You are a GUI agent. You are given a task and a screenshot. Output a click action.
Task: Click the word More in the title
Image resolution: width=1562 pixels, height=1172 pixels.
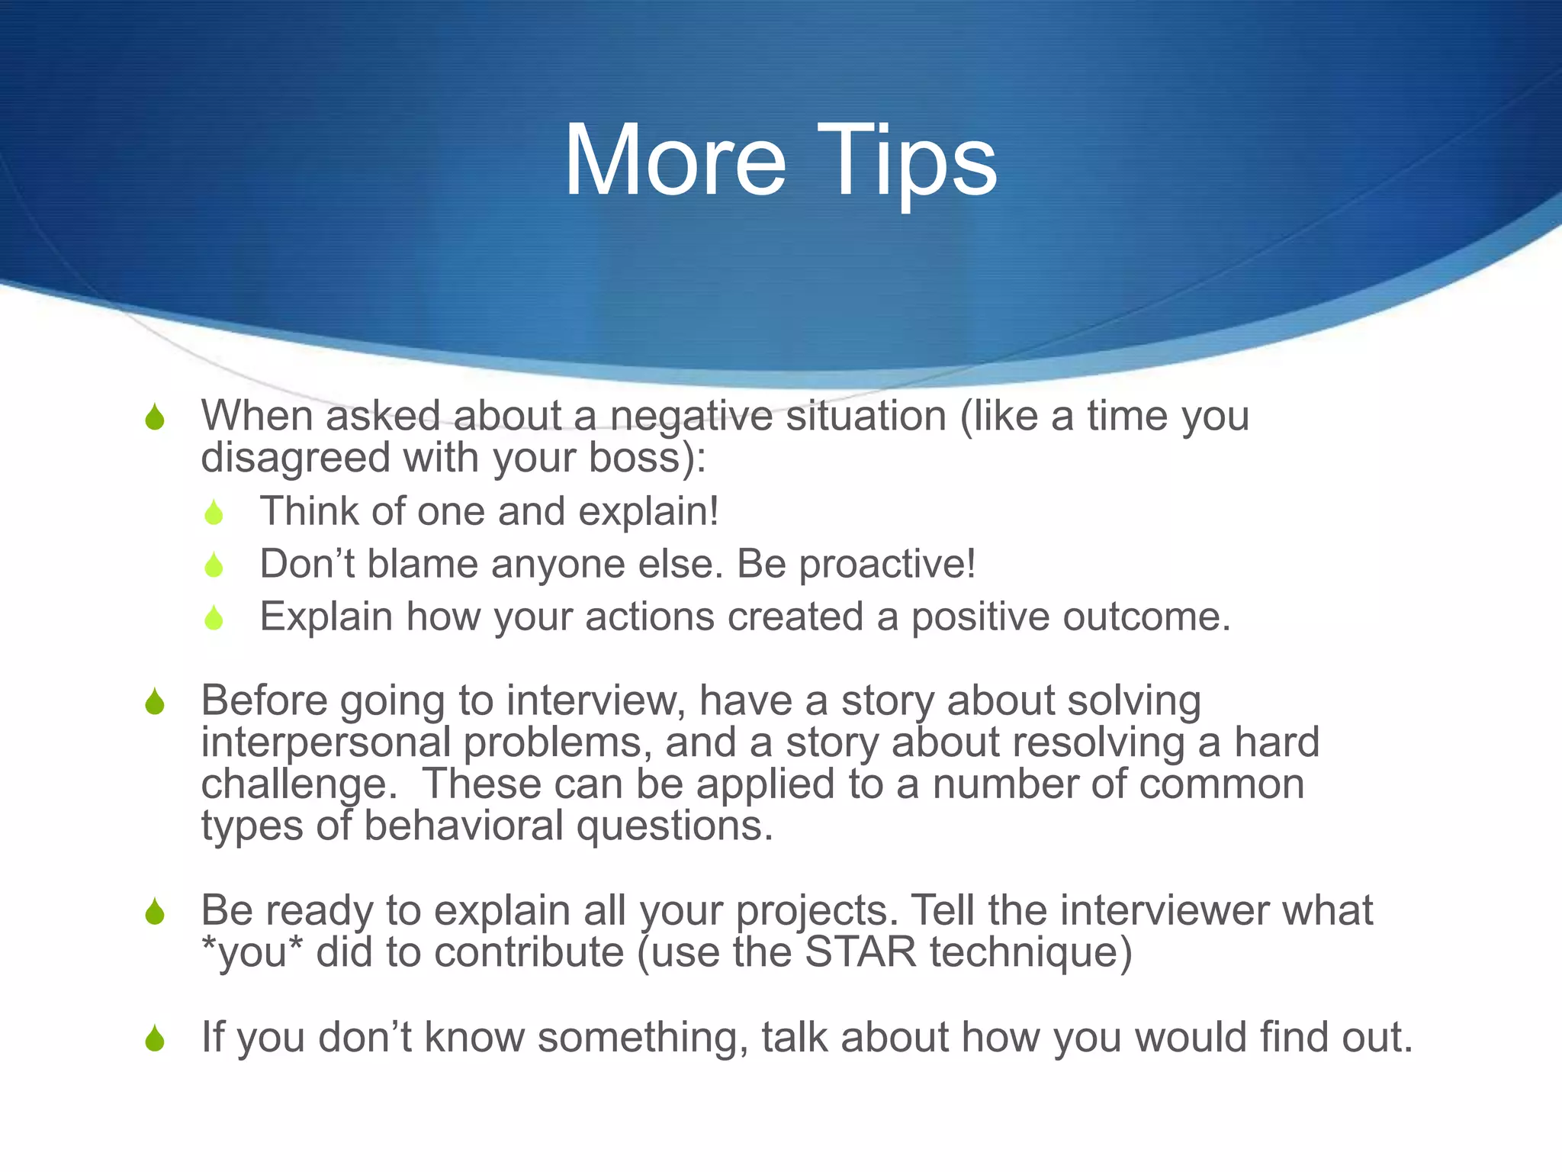point(674,161)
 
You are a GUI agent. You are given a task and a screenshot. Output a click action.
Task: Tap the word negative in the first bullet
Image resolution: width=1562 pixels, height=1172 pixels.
point(691,417)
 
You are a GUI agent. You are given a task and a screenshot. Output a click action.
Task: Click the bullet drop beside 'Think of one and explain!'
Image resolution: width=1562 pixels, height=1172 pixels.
point(214,512)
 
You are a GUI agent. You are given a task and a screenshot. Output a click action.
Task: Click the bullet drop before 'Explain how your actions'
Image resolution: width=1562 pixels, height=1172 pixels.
point(214,617)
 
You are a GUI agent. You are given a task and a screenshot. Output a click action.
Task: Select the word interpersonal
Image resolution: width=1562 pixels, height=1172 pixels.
point(326,743)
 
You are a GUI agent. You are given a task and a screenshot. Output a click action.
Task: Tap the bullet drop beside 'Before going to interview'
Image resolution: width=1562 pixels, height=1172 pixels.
point(155,702)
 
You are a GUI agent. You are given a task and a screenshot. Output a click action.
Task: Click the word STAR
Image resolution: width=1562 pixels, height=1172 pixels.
point(860,953)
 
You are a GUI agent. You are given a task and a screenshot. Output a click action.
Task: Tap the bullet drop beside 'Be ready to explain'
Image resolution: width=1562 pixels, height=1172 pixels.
point(155,911)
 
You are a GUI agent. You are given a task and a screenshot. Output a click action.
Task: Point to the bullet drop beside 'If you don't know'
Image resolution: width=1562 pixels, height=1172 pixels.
point(155,1038)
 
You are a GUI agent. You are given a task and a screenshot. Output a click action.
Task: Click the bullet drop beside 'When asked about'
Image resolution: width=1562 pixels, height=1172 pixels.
point(155,417)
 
